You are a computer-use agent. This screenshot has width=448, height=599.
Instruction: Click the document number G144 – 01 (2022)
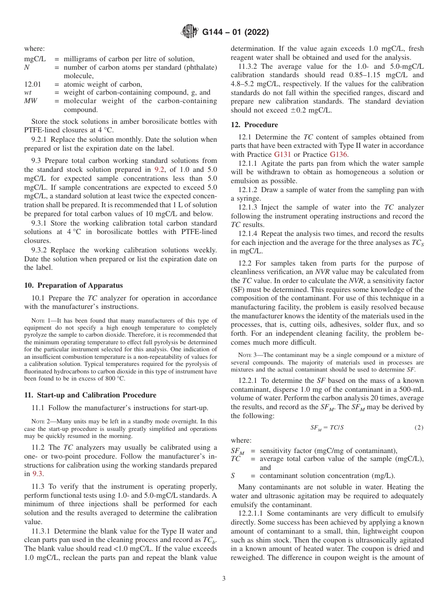(235, 32)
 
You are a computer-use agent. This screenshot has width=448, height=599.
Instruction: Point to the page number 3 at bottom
(224, 579)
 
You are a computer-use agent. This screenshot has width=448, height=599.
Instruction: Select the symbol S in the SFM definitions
(233, 476)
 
